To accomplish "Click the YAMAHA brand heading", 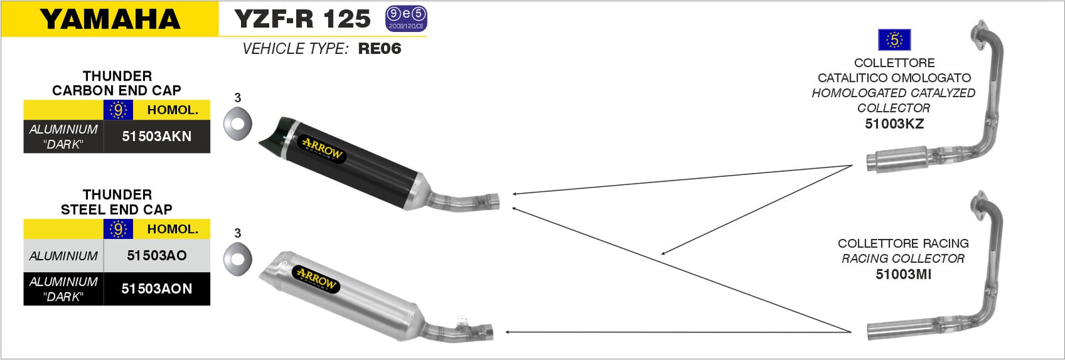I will tap(110, 19).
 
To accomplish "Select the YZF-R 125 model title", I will tap(302, 19).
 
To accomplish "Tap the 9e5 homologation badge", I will tap(406, 19).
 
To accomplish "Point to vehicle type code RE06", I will tap(379, 49).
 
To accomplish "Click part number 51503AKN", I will tap(156, 136).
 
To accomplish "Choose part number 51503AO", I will tap(156, 256).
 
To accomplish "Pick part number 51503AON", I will tap(156, 289).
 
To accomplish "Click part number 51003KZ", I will tap(894, 124).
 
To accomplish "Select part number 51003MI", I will tap(903, 274).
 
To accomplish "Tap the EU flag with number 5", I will tap(894, 40).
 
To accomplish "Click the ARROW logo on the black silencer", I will tap(322, 149).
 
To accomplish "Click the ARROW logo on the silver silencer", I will tap(317, 279).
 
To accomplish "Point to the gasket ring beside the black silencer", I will tap(238, 122).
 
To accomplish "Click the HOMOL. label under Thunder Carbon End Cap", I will tap(172, 110).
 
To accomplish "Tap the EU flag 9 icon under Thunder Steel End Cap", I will tap(118, 230).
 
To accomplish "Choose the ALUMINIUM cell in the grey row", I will tap(63, 256).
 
